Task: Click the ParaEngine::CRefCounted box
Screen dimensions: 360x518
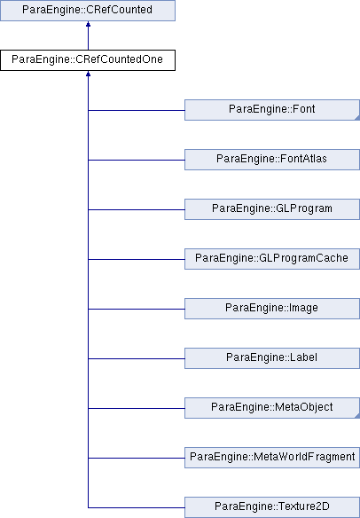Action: [x=88, y=11]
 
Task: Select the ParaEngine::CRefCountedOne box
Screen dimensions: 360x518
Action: [x=88, y=60]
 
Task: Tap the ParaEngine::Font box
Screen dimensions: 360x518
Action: [x=272, y=110]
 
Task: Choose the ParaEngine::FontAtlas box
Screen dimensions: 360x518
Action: [x=272, y=160]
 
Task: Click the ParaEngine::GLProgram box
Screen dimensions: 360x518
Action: [x=272, y=209]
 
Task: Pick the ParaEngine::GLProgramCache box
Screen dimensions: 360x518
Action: [x=272, y=259]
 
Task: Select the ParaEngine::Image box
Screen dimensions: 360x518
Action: [x=272, y=309]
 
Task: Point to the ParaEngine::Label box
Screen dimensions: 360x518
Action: [x=272, y=358]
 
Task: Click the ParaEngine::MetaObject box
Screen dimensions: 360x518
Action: [x=272, y=408]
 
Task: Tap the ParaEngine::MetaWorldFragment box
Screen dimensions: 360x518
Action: [x=272, y=458]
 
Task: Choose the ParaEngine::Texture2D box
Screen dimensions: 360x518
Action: [x=272, y=507]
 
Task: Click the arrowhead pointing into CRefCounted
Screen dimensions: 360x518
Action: [x=88, y=24]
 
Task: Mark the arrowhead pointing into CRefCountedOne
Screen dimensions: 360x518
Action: [x=88, y=74]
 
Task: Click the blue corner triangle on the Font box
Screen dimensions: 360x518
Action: [x=357, y=118]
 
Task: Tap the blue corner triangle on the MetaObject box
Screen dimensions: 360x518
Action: [x=357, y=416]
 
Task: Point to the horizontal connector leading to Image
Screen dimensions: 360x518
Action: [x=137, y=309]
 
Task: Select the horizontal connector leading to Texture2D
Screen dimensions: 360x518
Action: [x=137, y=507]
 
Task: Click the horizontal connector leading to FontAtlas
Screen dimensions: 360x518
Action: [x=137, y=160]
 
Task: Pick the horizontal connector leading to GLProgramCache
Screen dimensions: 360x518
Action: [x=137, y=259]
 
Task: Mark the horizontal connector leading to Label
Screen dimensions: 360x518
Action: [x=137, y=358]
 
